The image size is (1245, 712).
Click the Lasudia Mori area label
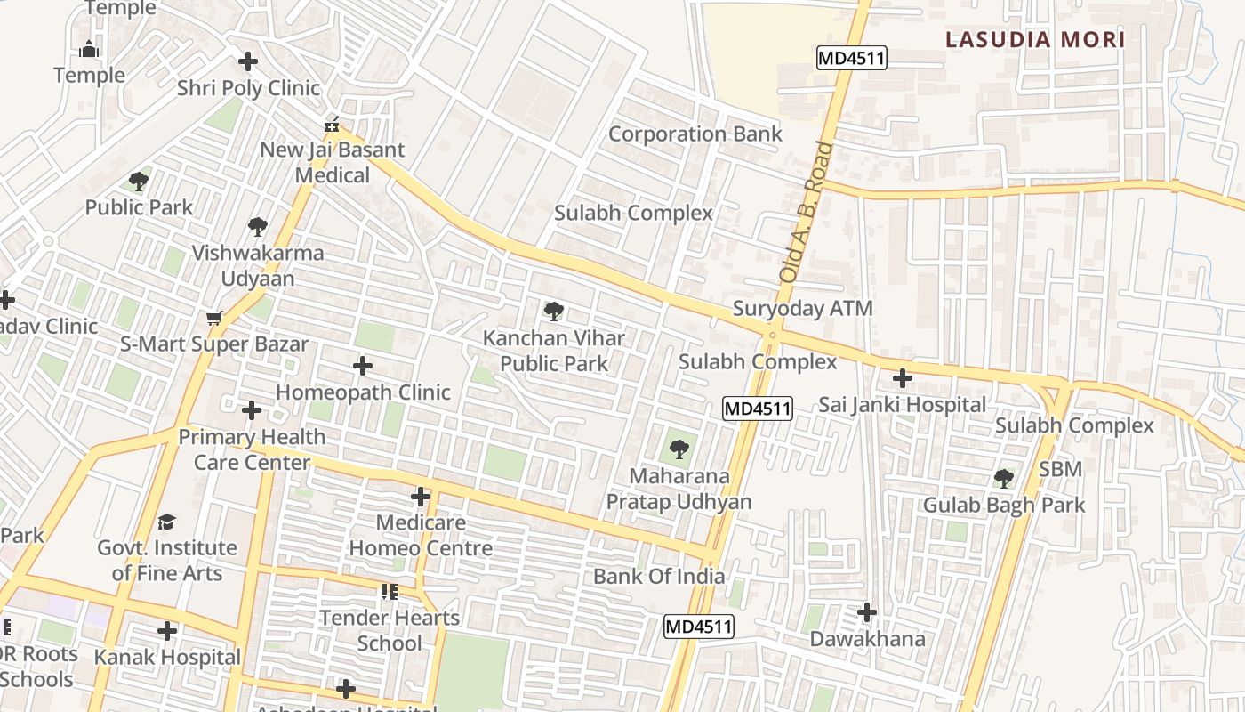[1035, 39]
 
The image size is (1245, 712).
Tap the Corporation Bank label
[695, 134]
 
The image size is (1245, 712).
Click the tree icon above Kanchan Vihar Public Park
[554, 311]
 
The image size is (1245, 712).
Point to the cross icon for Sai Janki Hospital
[903, 378]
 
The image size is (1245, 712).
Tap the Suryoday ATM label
[802, 309]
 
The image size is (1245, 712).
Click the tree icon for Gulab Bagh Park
[1004, 479]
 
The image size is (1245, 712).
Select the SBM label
[1060, 469]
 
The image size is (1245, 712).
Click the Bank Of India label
[658, 576]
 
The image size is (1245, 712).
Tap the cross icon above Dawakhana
[867, 612]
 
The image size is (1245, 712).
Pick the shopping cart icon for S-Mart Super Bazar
[214, 318]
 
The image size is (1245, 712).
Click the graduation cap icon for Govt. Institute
[167, 522]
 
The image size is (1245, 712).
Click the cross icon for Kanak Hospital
[167, 631]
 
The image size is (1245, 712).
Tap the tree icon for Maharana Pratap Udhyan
[679, 449]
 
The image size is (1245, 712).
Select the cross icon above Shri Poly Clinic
[248, 61]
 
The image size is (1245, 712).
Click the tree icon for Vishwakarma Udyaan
[258, 227]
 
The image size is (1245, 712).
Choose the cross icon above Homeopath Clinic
[363, 366]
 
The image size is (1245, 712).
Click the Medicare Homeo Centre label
[421, 535]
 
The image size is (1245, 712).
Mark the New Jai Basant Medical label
[332, 162]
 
